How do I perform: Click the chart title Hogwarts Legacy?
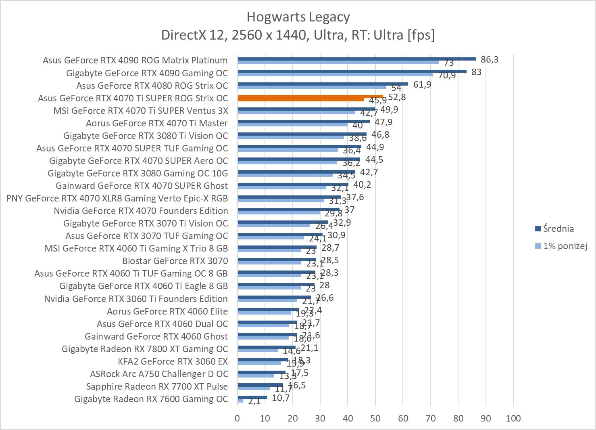pos(298,17)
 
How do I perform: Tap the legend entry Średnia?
pos(558,229)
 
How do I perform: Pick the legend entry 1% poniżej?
pos(565,246)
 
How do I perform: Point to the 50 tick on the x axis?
pos(375,418)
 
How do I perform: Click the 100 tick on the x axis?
pos(513,418)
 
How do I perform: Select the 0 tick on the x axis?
pos(238,418)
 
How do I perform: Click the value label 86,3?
pos(490,60)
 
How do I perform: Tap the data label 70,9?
pos(447,75)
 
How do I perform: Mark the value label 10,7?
pos(281,398)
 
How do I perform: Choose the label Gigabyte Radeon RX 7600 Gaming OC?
pos(151,399)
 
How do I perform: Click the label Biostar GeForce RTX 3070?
pos(175,261)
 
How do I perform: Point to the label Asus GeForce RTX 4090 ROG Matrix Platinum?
pos(135,60)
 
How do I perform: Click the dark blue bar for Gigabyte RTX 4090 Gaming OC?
pos(352,71)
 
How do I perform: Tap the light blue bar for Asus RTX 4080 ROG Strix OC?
pos(312,87)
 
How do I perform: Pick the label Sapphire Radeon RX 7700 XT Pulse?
pos(157,386)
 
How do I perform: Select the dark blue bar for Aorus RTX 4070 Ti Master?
pos(303,122)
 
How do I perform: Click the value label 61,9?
pos(422,84)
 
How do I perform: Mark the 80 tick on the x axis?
pos(458,418)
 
